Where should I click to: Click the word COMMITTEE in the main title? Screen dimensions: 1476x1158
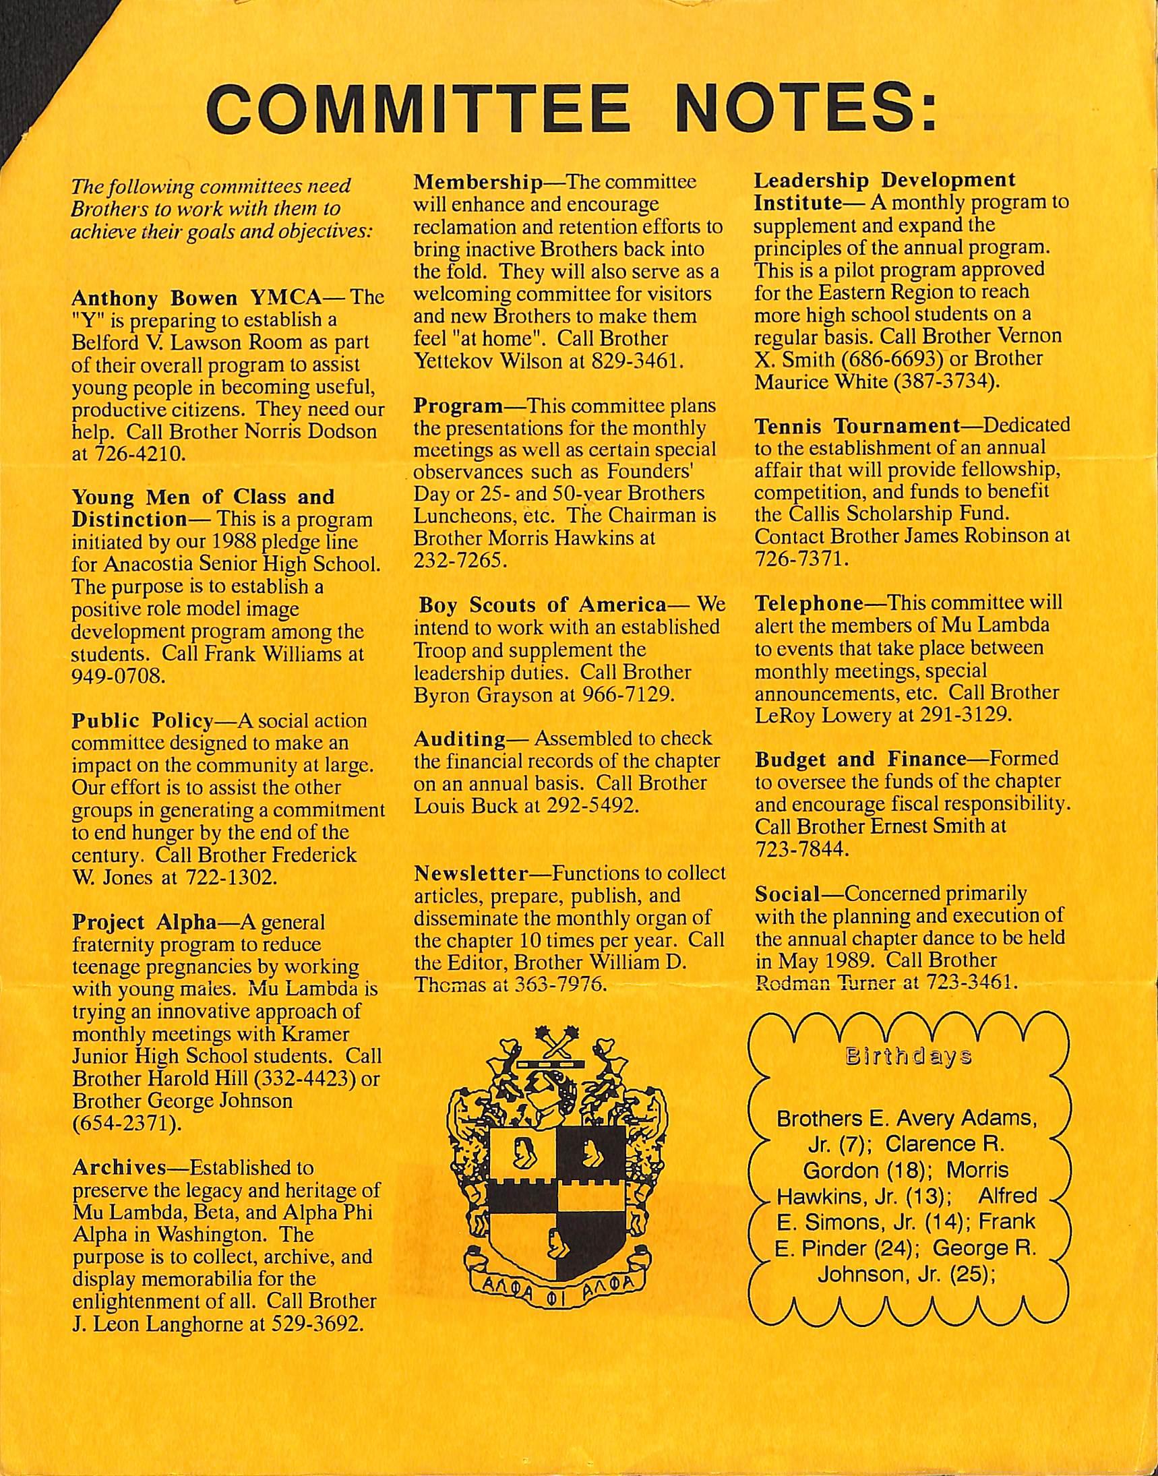(x=421, y=108)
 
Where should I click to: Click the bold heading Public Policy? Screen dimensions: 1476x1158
(x=143, y=720)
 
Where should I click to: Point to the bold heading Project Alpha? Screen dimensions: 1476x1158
(x=144, y=922)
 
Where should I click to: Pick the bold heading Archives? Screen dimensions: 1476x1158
(x=119, y=1167)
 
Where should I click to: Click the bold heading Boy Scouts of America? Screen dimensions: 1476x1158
(x=543, y=605)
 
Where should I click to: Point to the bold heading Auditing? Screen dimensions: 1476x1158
(x=460, y=739)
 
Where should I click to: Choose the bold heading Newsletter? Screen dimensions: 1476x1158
(x=470, y=873)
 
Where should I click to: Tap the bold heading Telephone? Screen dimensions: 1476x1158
(x=808, y=603)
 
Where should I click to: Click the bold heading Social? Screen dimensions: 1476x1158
(x=787, y=894)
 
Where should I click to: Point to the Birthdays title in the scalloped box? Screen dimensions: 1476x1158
(x=908, y=1055)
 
